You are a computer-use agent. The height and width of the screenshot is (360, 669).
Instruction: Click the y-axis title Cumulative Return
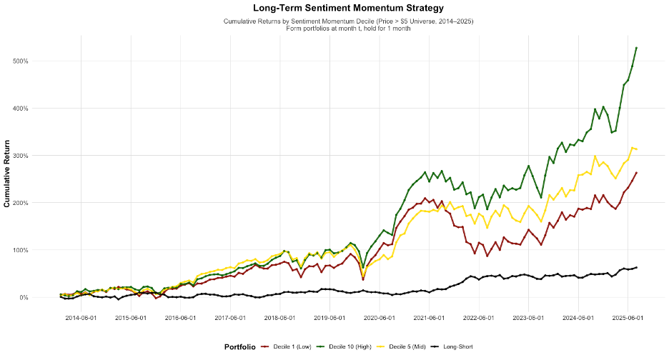[7, 174]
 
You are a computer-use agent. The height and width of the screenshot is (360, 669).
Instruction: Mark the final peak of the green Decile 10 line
[636, 48]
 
